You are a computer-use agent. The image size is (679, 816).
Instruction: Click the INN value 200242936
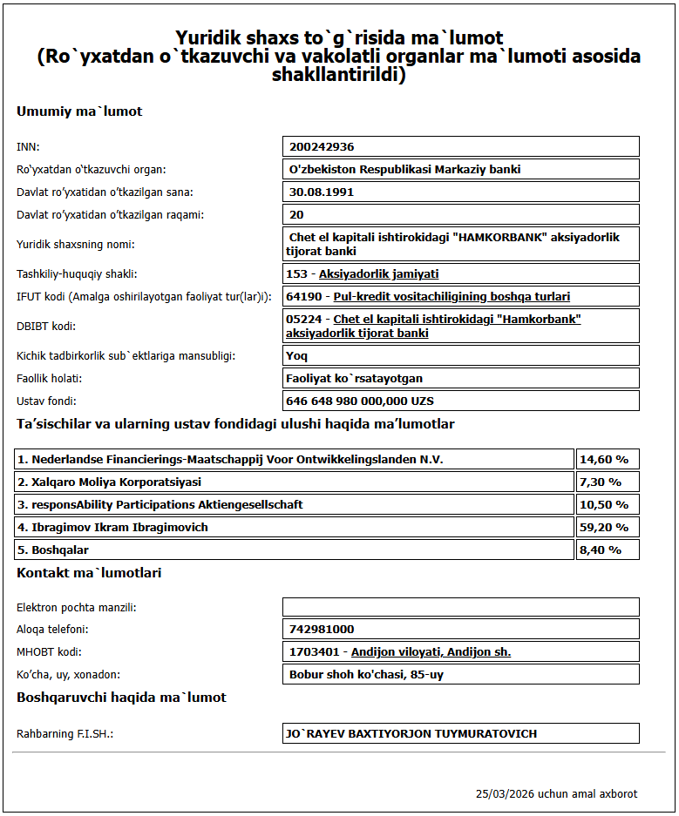coord(322,147)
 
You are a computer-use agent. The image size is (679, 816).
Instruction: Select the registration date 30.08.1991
coord(322,192)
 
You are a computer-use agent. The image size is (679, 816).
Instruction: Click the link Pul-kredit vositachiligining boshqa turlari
coord(452,297)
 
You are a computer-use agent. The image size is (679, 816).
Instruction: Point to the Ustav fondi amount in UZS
coord(360,401)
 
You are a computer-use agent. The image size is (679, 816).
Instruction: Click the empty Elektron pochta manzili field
coord(460,607)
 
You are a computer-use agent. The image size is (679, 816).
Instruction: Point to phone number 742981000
coord(322,630)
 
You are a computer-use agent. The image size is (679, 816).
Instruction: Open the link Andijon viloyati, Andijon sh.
coord(431,652)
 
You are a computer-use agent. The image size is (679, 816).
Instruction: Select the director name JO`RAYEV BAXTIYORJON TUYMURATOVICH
coord(411,733)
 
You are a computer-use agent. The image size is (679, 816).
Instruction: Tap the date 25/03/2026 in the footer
coord(505,794)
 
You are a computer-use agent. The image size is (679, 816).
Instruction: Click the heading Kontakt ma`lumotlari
coord(89,573)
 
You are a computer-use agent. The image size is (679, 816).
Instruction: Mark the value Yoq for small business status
coord(296,355)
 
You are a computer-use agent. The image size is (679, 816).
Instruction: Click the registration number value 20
coord(297,214)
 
